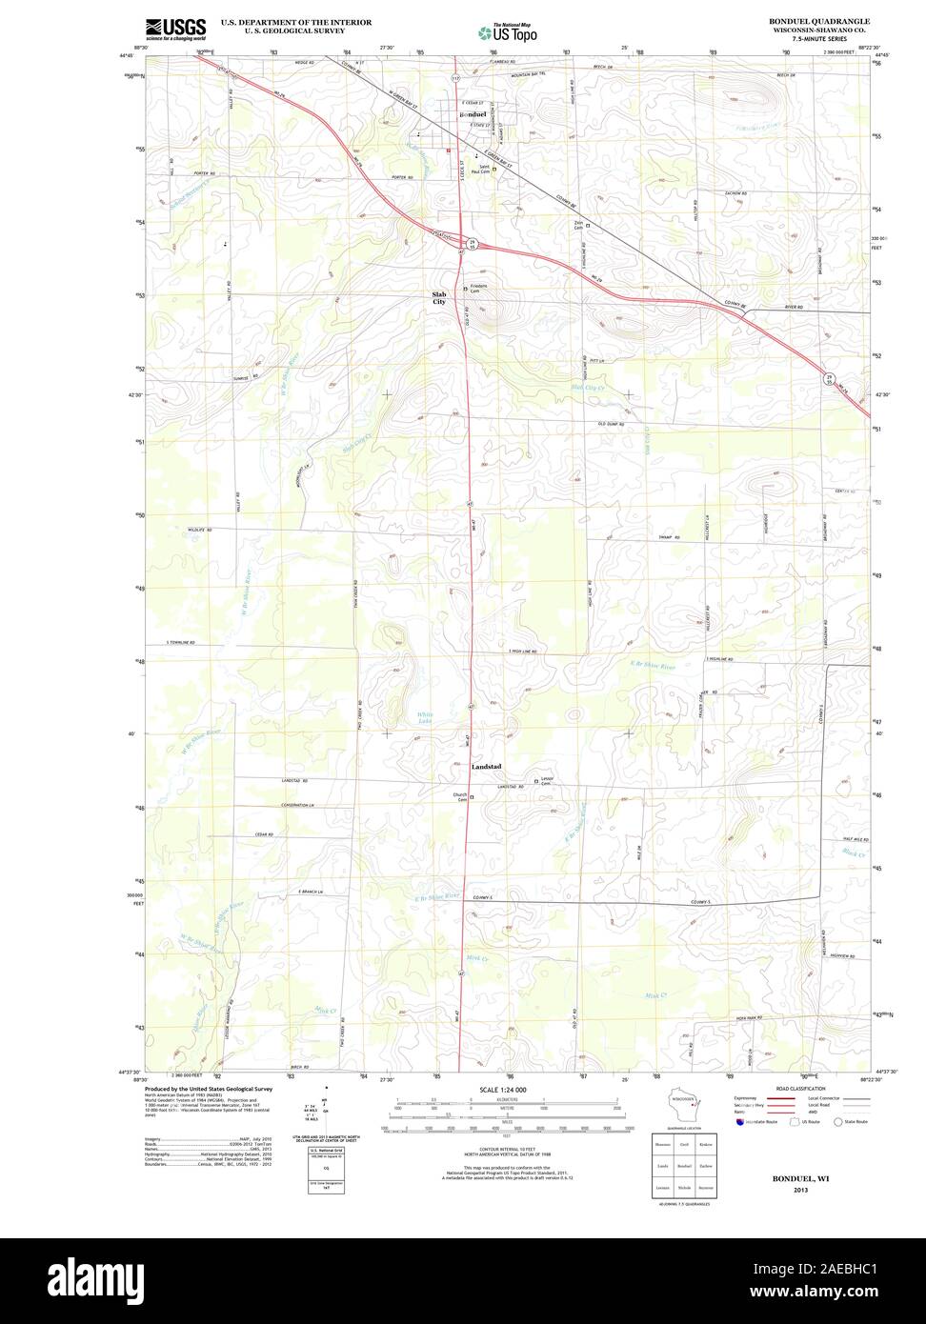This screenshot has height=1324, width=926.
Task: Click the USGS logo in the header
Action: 175,29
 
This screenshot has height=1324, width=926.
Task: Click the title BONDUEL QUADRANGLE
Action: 818,20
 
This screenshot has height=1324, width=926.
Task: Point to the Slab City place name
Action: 439,298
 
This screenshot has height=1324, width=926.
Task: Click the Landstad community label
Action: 486,767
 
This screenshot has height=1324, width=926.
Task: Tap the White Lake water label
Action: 425,718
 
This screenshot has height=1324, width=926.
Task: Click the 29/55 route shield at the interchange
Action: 471,245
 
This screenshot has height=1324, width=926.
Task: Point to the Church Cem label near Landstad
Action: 461,797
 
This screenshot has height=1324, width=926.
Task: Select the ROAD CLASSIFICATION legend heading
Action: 800,1088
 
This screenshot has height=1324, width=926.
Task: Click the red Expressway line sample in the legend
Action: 782,1098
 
